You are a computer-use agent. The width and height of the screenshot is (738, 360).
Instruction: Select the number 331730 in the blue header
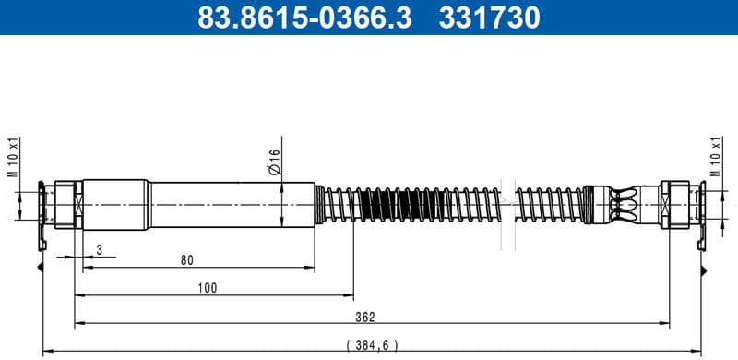tap(493, 18)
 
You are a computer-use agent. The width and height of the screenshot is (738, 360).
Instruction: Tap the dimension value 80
tap(187, 261)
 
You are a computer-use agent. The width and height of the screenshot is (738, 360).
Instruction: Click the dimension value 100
tap(208, 289)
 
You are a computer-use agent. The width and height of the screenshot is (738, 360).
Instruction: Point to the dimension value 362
tap(365, 317)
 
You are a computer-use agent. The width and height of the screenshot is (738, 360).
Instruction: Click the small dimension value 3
tap(100, 249)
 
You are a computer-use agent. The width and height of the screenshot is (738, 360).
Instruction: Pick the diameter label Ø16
tap(274, 162)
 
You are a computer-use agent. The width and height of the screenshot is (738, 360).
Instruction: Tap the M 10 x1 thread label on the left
tap(14, 159)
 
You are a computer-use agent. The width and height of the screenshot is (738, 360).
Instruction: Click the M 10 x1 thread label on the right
tap(715, 159)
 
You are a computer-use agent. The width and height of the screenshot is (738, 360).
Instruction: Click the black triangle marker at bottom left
tap(42, 268)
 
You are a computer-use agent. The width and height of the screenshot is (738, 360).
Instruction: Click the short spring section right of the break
tap(549, 203)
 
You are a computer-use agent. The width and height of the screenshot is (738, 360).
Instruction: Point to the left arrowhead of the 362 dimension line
tap(78, 324)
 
